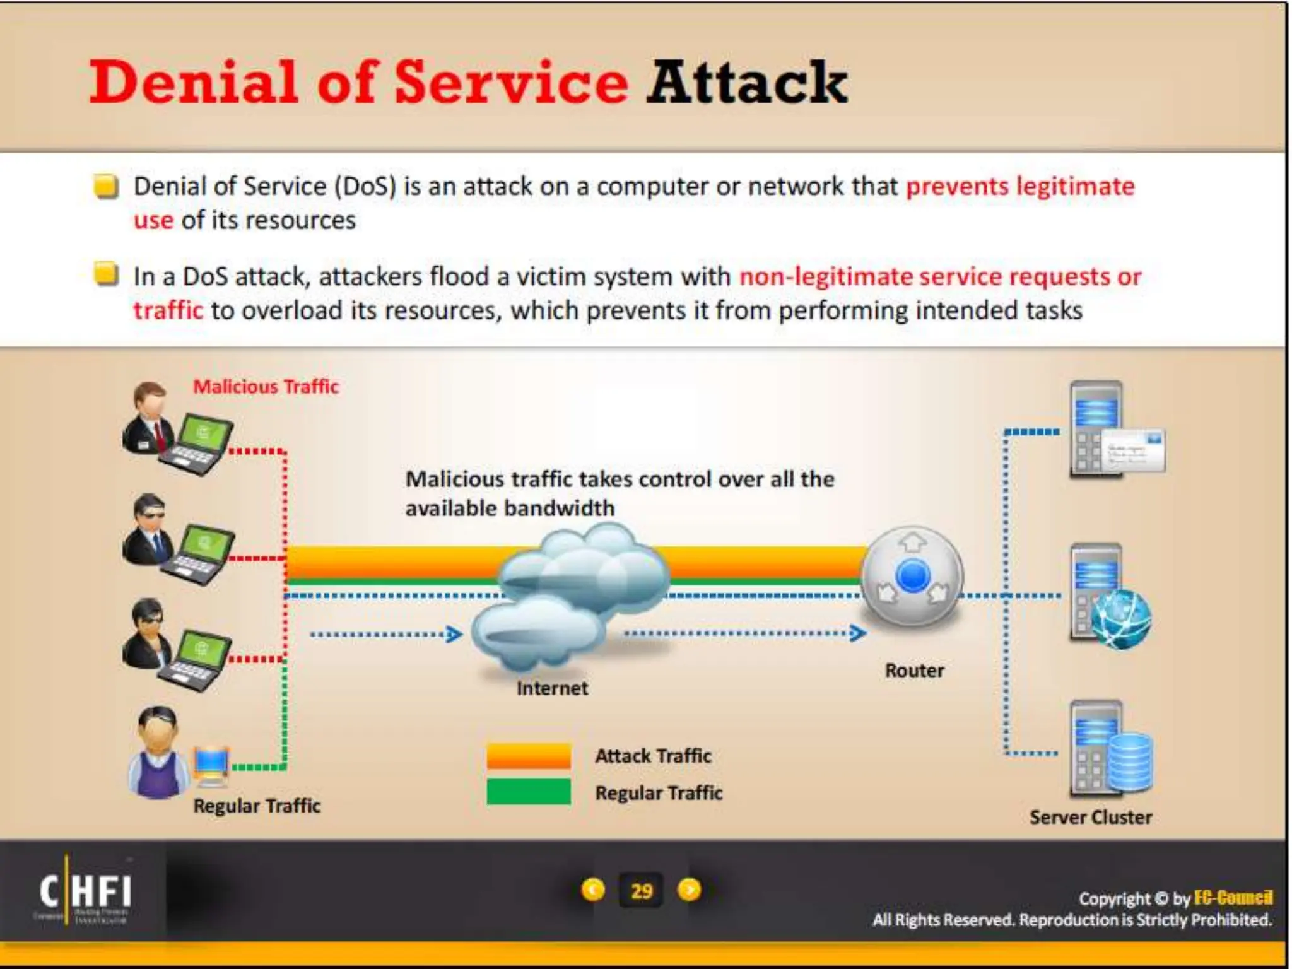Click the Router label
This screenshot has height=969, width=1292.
(x=914, y=671)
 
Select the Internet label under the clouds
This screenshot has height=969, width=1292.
(x=552, y=688)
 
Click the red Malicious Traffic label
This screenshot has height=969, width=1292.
(x=266, y=386)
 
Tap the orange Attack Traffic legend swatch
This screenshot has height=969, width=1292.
(x=529, y=756)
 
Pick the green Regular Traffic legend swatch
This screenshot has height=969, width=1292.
(x=529, y=792)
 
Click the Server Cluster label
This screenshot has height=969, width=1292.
(x=1090, y=818)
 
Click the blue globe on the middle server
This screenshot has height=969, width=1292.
(x=1122, y=620)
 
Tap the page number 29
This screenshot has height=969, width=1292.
(x=641, y=891)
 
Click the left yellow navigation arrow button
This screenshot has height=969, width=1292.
(x=592, y=890)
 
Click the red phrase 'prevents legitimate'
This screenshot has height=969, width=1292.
(x=1020, y=187)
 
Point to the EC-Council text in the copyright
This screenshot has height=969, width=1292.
(x=1233, y=898)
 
